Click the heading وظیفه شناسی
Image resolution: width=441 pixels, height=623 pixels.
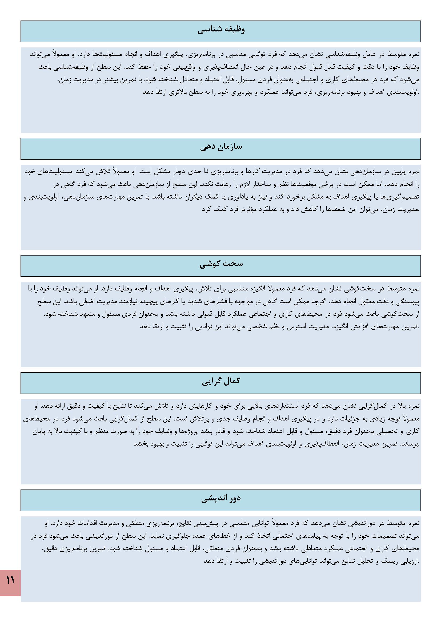pyautogui.click(x=221, y=30)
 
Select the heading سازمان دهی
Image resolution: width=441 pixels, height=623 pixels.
pyautogui.click(x=221, y=147)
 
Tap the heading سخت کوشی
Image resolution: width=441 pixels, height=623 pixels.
pyautogui.click(x=221, y=265)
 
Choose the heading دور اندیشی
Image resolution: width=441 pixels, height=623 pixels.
pyautogui.click(x=221, y=499)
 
